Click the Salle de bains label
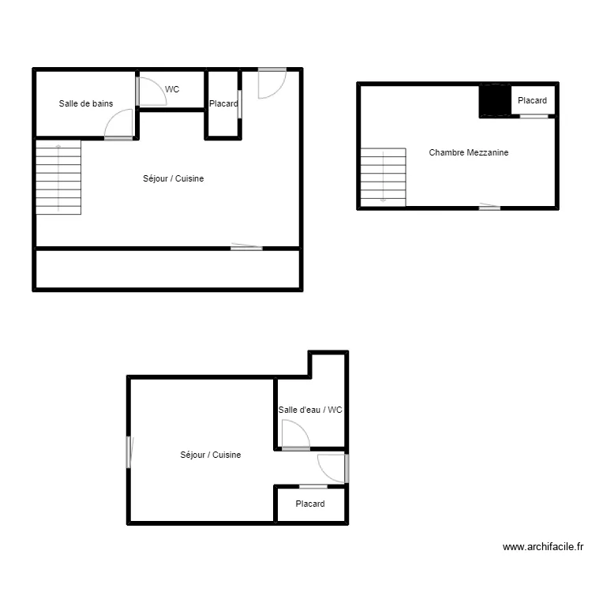(86, 103)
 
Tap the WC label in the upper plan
(172, 89)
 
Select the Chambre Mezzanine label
(468, 152)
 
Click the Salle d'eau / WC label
(310, 410)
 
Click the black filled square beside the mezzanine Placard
(496, 101)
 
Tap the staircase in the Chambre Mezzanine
(383, 177)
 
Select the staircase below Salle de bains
(58, 177)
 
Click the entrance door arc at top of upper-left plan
(272, 84)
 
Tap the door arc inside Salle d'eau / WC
(295, 434)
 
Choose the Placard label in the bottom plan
(310, 504)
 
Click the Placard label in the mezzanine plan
(532, 100)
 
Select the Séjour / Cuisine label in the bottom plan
(210, 455)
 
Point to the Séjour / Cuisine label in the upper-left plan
(173, 178)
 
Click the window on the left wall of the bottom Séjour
(129, 452)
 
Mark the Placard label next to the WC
(223, 103)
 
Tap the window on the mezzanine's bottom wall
(489, 208)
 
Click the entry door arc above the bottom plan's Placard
(332, 467)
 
